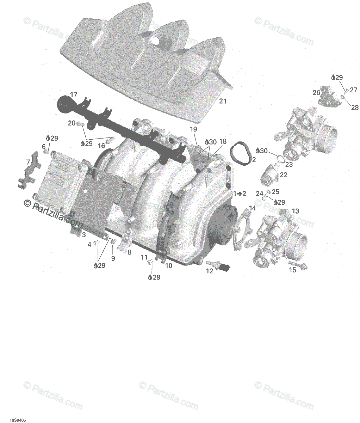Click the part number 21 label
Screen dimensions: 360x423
tap(223, 101)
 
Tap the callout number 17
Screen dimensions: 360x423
tap(73, 95)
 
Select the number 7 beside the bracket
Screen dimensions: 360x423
tap(28, 162)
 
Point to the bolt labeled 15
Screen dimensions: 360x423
tap(298, 265)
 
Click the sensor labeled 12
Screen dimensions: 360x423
tap(218, 266)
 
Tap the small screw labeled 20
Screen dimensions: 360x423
tap(80, 123)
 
